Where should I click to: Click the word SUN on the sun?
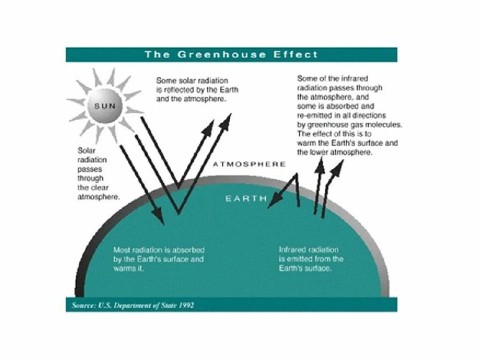pos(105,106)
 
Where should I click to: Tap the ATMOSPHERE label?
pos(249,164)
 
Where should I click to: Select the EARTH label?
pos(246,198)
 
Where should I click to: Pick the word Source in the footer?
pos(84,305)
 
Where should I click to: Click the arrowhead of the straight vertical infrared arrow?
pos(320,165)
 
